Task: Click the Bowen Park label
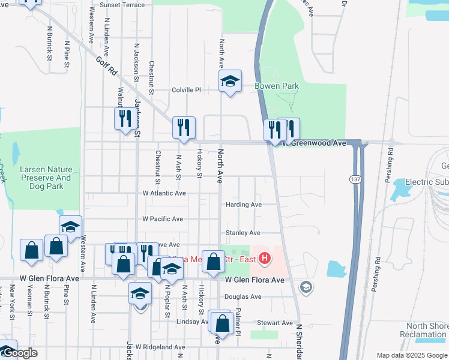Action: click(277, 86)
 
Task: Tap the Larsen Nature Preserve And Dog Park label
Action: click(46, 178)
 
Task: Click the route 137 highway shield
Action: click(355, 179)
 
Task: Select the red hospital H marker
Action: click(265, 259)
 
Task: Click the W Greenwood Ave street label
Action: click(315, 143)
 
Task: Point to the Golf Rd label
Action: click(106, 65)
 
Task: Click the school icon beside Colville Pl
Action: click(229, 82)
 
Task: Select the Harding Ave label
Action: click(244, 205)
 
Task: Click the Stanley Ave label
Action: click(243, 233)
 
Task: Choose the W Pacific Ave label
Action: click(163, 219)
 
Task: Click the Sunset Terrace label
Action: click(122, 5)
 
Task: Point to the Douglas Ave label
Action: click(243, 296)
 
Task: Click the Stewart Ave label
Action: click(274, 323)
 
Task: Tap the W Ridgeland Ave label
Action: click(160, 347)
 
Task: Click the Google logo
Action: click(19, 353)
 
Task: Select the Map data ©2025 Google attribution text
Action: click(411, 355)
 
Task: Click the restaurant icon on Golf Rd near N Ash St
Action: click(184, 127)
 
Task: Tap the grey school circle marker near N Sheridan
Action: click(306, 287)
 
